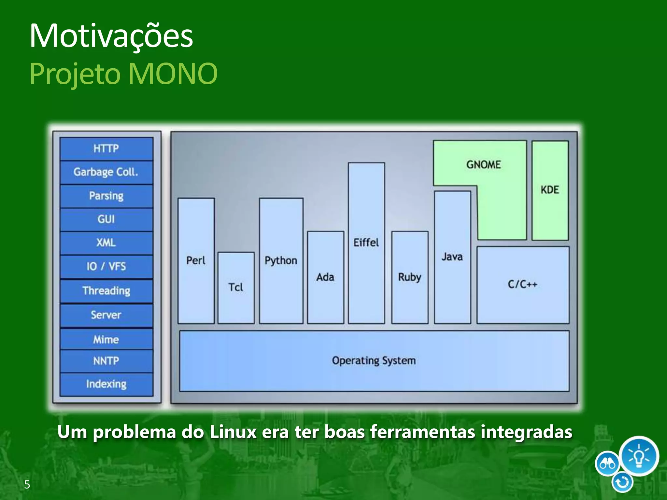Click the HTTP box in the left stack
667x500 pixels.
click(x=106, y=149)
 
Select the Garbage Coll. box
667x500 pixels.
click(x=106, y=172)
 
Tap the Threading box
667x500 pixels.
click(x=106, y=291)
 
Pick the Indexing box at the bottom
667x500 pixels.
click(x=106, y=384)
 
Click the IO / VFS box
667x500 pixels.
click(x=106, y=267)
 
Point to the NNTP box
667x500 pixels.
click(x=106, y=361)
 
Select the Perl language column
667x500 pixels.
click(x=196, y=260)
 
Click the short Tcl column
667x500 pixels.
click(x=236, y=287)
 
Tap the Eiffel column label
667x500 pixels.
click(x=366, y=243)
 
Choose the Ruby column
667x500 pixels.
click(x=410, y=277)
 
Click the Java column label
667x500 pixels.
click(x=452, y=257)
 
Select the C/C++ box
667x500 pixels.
click(x=523, y=285)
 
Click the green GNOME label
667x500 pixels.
click(x=484, y=165)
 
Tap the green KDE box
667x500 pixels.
click(x=550, y=190)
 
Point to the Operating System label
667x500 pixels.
click(x=374, y=361)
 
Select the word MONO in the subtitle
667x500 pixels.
click(x=173, y=74)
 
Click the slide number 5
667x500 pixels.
click(x=27, y=485)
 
